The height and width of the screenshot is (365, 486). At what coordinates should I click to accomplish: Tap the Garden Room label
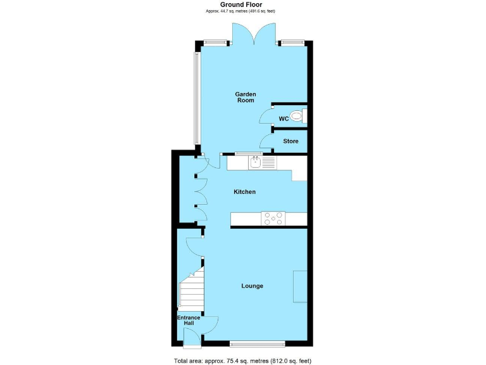[246, 97]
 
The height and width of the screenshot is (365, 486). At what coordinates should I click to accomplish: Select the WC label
[283, 118]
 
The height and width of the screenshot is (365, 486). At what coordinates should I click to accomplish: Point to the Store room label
[290, 141]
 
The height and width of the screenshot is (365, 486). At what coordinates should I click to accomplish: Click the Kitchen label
[244, 192]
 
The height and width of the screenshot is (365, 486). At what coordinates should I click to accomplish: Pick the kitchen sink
[255, 163]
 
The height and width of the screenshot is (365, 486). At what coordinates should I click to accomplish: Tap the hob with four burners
[273, 219]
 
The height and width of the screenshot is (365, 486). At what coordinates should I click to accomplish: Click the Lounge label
[252, 286]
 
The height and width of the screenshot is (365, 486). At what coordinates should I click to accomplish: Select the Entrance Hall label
[189, 320]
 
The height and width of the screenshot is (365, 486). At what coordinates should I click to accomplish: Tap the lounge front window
[257, 344]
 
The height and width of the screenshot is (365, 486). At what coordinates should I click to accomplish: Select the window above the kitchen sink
[249, 153]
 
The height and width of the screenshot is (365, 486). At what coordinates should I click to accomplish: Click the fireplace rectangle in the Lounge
[301, 286]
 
